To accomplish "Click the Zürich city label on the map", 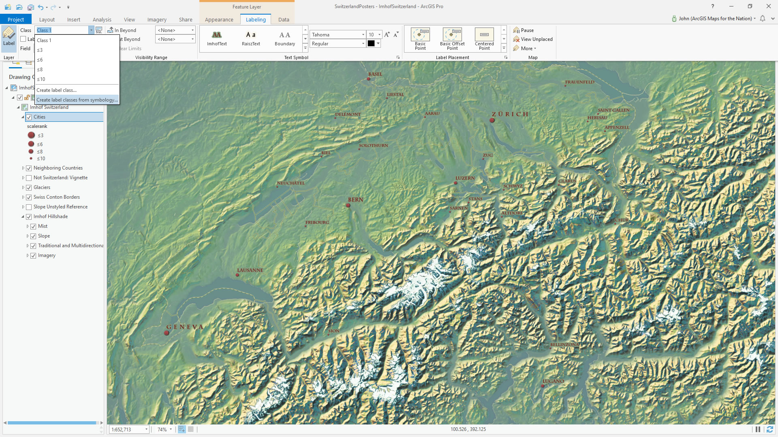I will [510, 114].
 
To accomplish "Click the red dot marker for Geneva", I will [167, 333].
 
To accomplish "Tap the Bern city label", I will [355, 199].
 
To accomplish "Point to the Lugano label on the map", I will [553, 381].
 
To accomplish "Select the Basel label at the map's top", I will [375, 74].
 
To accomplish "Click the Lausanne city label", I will [250, 270].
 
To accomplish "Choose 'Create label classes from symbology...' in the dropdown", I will [77, 100].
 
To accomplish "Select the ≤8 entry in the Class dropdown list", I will [40, 70].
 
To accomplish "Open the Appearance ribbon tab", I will [219, 19].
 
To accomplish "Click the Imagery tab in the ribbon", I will [157, 19].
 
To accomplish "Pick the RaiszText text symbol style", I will [251, 38].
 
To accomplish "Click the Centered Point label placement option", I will [484, 39].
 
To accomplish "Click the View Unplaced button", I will [533, 39].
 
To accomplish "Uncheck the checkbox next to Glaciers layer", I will [29, 188].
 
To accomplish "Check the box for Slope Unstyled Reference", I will [29, 207].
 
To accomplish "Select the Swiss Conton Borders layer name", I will [57, 197].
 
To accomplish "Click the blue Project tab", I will [16, 19].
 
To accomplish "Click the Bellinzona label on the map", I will [564, 345].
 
